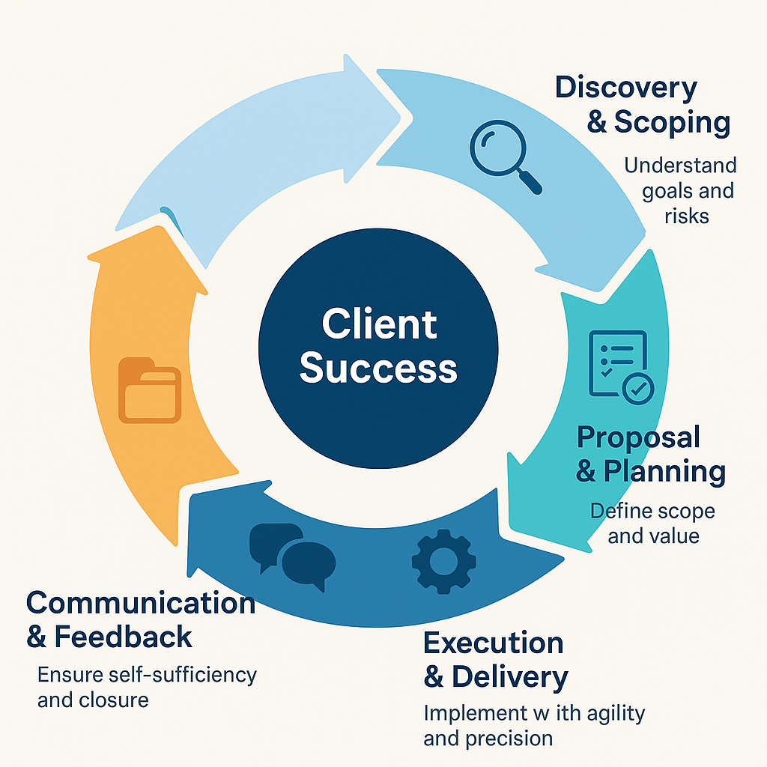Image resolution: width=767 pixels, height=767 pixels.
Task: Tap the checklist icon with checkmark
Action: click(x=621, y=364)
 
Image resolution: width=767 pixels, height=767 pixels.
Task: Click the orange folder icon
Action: click(x=150, y=390)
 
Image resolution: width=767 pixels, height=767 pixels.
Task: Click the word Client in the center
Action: click(x=379, y=325)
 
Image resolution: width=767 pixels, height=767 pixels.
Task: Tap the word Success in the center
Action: click(x=378, y=369)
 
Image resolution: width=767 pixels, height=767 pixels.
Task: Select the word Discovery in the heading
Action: click(x=625, y=88)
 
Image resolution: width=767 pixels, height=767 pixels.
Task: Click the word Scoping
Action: click(x=672, y=123)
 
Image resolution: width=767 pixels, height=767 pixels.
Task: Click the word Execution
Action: click(x=493, y=643)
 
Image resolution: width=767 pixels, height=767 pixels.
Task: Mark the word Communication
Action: click(x=141, y=603)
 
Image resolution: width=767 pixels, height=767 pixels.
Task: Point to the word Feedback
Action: click(x=124, y=637)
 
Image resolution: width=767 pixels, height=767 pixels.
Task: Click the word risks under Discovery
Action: click(x=686, y=216)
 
